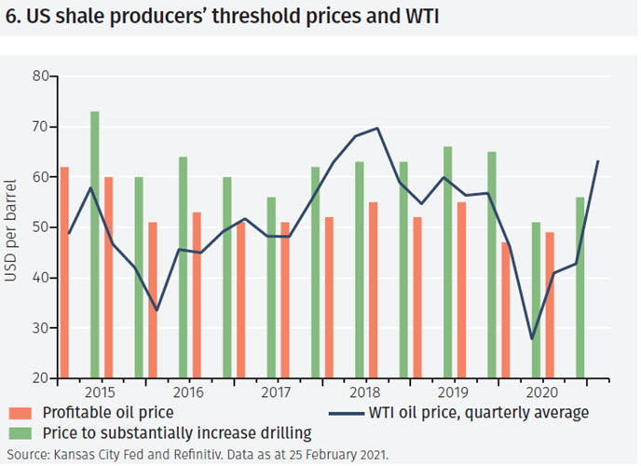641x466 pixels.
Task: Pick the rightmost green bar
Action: point(580,288)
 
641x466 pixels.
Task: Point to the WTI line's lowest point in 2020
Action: point(532,339)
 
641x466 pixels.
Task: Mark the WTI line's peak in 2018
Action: point(376,129)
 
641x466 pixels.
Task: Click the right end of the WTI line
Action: point(597,161)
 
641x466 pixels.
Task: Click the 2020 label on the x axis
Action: point(540,394)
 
